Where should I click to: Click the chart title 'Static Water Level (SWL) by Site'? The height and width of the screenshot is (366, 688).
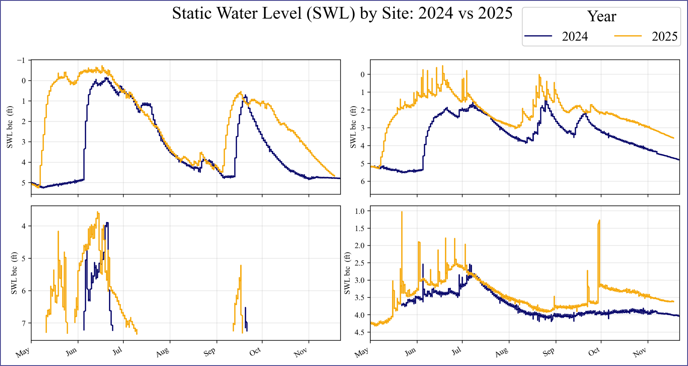(x=342, y=13)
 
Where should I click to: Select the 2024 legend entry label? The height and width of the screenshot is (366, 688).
(x=575, y=36)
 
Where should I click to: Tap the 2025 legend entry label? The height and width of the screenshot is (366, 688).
(x=664, y=36)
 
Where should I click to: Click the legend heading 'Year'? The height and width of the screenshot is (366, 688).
(x=601, y=16)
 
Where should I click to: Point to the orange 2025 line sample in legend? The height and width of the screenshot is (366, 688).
(x=628, y=36)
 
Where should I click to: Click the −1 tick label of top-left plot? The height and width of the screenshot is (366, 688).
(x=21, y=60)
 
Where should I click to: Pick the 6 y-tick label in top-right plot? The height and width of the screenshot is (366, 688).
(x=363, y=182)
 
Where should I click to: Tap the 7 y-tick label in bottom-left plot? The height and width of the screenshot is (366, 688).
(x=24, y=323)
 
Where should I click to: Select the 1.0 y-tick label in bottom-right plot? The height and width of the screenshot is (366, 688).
(x=360, y=211)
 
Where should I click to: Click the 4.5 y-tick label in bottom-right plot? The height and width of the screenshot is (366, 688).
(x=360, y=332)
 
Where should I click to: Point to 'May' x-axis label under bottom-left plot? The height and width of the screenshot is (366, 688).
(x=23, y=352)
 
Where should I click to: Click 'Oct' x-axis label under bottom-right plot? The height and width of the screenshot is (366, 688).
(x=594, y=351)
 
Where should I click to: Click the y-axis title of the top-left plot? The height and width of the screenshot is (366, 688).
(x=10, y=127)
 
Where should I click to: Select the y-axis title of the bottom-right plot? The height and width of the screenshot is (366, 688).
(x=347, y=273)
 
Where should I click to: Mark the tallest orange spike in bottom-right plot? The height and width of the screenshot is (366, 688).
(x=402, y=212)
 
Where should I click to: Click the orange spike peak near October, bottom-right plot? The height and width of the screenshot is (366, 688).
(x=600, y=221)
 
